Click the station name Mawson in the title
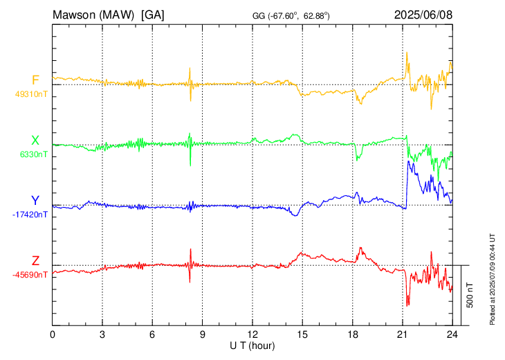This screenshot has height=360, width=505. coord(77,14)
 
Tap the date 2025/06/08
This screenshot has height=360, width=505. coord(423,14)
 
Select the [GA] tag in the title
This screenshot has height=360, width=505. coord(153,14)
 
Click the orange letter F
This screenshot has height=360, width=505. coord(35,80)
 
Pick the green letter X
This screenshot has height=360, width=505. coord(35,141)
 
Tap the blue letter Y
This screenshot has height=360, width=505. coord(35,201)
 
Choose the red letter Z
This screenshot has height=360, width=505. coord(35,260)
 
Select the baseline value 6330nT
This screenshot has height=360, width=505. coord(33,155)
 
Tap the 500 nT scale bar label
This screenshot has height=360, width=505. coord(470,295)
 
